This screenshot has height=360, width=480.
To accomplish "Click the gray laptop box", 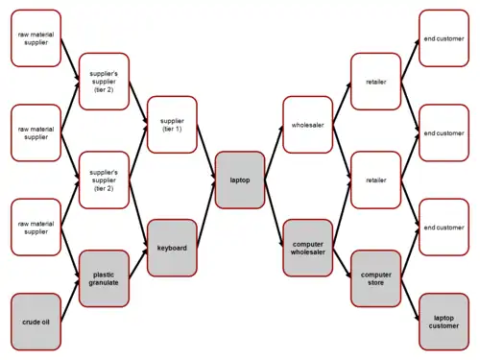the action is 240,180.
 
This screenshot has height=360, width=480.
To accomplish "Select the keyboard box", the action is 172,248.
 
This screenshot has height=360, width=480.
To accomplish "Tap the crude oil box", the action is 36,322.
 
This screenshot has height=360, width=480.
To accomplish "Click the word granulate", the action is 104,283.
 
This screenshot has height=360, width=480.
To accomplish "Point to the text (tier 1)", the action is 172,129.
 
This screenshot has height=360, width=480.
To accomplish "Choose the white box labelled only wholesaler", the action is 308,125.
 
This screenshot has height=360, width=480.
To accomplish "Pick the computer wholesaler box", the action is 308,248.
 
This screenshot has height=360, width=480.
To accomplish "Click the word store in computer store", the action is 375,283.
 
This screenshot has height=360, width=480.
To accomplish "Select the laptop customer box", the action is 444,322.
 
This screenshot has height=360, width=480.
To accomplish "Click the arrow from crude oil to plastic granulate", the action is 70,300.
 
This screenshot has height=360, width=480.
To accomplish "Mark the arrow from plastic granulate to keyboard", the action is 138,263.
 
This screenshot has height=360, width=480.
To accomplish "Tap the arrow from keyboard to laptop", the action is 206,214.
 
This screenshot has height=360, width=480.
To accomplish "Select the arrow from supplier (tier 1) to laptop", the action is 206,153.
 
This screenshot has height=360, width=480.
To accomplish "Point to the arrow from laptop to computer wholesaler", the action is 275,214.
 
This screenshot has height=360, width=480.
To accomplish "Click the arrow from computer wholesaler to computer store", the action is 342,263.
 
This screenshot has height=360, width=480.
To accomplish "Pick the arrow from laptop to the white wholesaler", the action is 275,153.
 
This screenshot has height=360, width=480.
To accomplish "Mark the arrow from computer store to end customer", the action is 410,252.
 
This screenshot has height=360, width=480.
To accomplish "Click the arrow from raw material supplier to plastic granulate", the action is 70,252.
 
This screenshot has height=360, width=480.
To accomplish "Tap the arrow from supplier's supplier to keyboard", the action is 138,214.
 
